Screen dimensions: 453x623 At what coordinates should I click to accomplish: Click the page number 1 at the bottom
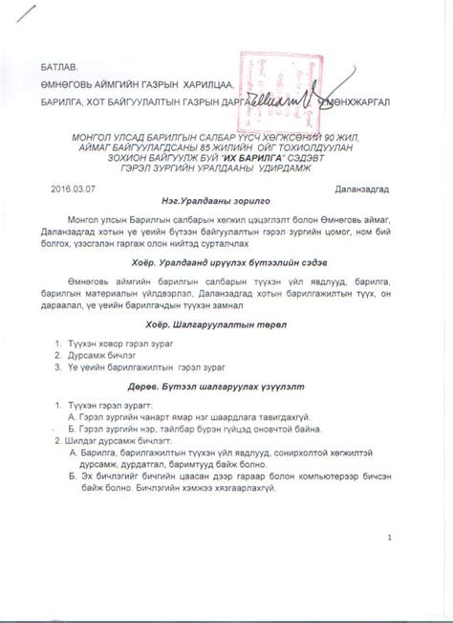pos(390,538)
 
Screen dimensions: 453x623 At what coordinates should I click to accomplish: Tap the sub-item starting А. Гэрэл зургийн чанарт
pos(191,418)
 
